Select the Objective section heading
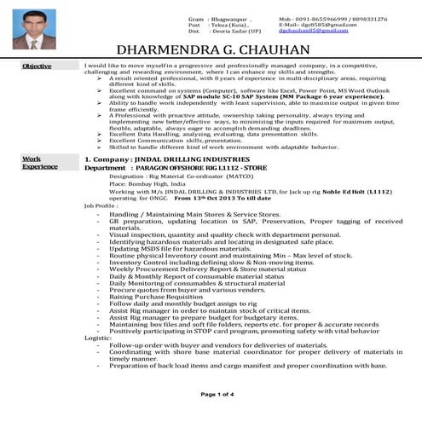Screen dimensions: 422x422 click(x=37, y=66)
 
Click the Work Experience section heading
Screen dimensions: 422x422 click(x=34, y=162)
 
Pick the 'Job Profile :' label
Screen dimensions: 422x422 click(x=101, y=205)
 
